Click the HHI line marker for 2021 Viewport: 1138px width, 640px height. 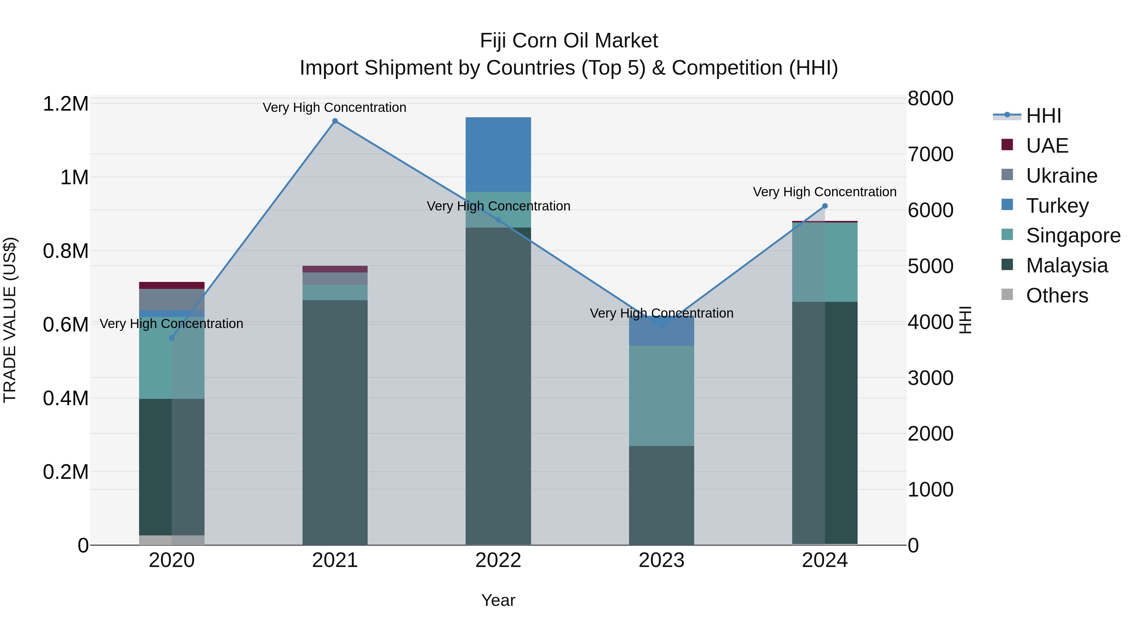[334, 121]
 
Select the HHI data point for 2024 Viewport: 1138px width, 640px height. [824, 206]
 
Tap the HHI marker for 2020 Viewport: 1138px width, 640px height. [172, 338]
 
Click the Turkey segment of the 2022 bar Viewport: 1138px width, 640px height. [498, 155]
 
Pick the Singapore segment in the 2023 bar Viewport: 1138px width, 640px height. [661, 395]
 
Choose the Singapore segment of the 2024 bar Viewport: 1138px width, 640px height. [824, 262]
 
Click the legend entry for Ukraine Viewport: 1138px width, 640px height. [1062, 176]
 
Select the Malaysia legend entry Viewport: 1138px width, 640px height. [1067, 265]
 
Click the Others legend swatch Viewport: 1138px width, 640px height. [1007, 295]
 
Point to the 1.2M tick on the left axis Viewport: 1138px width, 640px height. [65, 104]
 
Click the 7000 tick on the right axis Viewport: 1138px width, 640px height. [930, 155]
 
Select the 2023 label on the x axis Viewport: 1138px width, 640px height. [661, 560]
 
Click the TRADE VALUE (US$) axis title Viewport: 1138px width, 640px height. [10, 320]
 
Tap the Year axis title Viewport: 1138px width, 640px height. [498, 600]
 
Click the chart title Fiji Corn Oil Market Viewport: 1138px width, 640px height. [569, 41]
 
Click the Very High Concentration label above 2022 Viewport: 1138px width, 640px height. [498, 206]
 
